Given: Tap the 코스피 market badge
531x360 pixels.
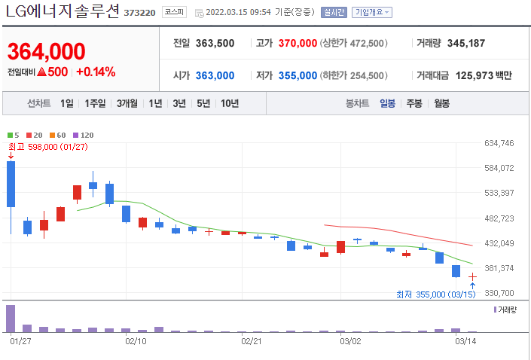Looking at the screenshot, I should (x=175, y=13).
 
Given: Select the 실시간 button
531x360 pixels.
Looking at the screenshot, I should (x=333, y=13).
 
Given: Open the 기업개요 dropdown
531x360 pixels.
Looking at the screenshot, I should (x=372, y=13).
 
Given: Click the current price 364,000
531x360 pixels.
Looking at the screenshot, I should (x=46, y=52).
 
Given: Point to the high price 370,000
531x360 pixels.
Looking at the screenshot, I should (x=298, y=44).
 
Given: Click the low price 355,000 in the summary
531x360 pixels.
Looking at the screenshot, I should (x=298, y=75).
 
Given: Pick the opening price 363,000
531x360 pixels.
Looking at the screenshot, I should (x=215, y=75).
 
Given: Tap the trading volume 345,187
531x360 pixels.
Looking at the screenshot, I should (x=465, y=44).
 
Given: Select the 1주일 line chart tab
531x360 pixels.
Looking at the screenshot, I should (x=96, y=103).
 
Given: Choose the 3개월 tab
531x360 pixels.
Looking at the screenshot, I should (x=127, y=103).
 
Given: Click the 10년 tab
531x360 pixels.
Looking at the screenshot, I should (x=230, y=103).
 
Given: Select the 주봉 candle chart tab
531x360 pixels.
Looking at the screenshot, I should (x=414, y=103).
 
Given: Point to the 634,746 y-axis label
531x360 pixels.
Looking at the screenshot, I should (x=499, y=143).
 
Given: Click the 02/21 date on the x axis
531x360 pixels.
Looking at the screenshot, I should (x=250, y=341).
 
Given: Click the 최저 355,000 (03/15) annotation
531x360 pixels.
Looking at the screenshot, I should (x=437, y=294).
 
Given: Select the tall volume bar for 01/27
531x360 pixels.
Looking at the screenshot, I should (x=11, y=318).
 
